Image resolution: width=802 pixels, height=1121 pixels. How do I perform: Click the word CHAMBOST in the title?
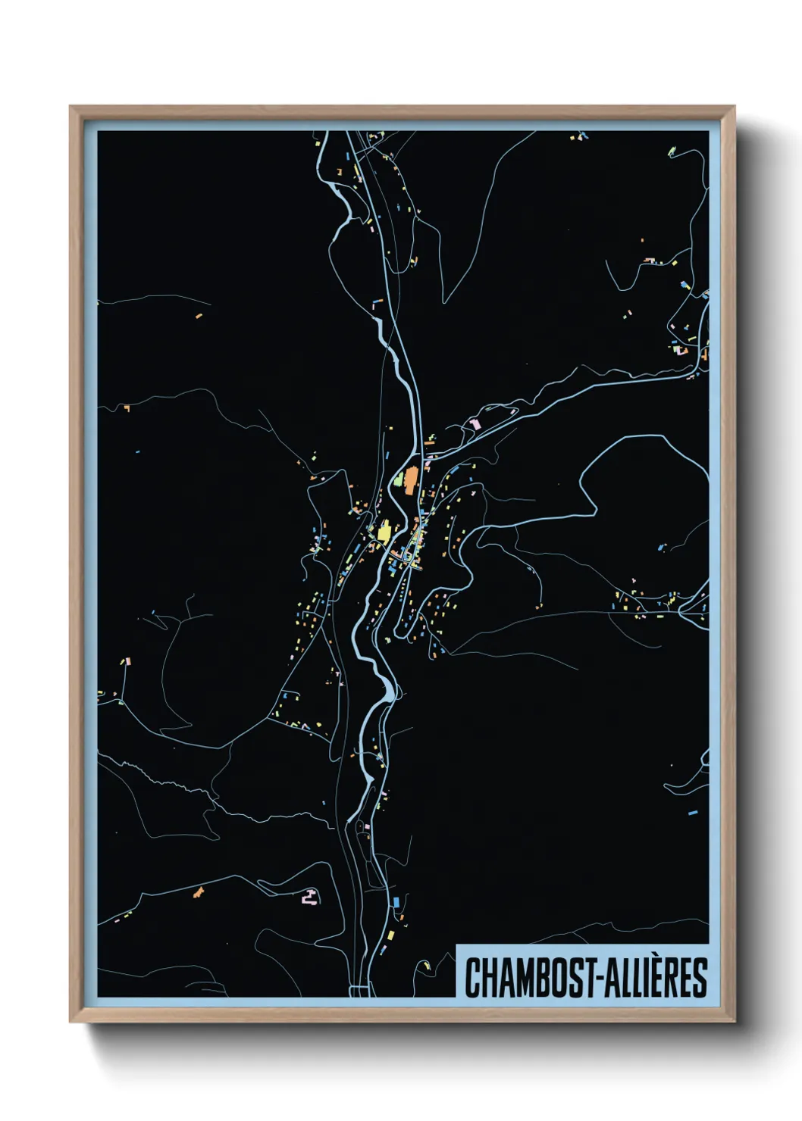[524, 977]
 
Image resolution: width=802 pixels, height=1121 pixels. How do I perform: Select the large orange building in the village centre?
[411, 480]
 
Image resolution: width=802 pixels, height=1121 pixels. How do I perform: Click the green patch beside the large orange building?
[399, 479]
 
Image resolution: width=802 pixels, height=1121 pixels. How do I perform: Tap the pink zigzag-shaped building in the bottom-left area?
[309, 897]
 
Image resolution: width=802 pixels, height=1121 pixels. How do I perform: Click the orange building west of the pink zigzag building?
[199, 892]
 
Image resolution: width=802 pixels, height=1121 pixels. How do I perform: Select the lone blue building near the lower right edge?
[692, 812]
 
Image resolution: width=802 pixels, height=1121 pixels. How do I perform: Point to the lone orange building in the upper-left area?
[199, 316]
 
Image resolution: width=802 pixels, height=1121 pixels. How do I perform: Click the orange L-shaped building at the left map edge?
[127, 408]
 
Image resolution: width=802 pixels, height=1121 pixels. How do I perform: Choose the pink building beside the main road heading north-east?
[475, 423]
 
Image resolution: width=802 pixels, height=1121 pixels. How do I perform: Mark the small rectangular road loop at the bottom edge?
[359, 990]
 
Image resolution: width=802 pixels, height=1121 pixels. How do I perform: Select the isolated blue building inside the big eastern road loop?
[662, 545]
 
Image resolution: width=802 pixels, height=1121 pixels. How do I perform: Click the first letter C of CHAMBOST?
[471, 977]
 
